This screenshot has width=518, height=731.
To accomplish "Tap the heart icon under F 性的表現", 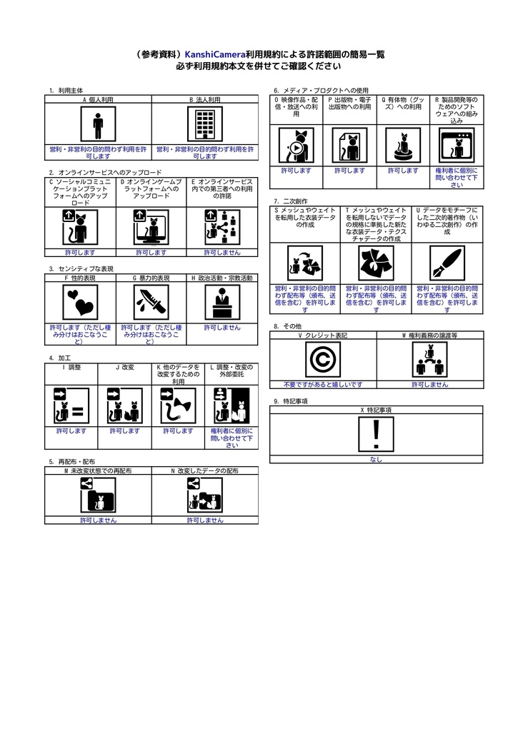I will coord(80,303).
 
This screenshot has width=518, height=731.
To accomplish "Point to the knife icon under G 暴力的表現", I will coord(151,303).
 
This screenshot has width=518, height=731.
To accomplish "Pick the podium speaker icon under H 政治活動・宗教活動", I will coord(222,303).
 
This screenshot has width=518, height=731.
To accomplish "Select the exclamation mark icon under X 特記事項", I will coord(377,435).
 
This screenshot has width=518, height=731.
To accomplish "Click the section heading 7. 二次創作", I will coord(286,201).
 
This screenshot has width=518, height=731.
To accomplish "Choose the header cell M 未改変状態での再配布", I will coord(98,471).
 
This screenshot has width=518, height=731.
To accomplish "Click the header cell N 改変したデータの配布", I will coord(205,471).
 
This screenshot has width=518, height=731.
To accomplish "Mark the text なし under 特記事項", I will coord(377,460).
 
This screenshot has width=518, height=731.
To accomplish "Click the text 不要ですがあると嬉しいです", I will coord(323,385).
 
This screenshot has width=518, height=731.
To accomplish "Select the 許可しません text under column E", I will coord(222,253).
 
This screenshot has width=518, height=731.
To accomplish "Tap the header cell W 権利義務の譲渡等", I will coord(429,335).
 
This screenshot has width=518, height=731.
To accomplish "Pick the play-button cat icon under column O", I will coord(296,146).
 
